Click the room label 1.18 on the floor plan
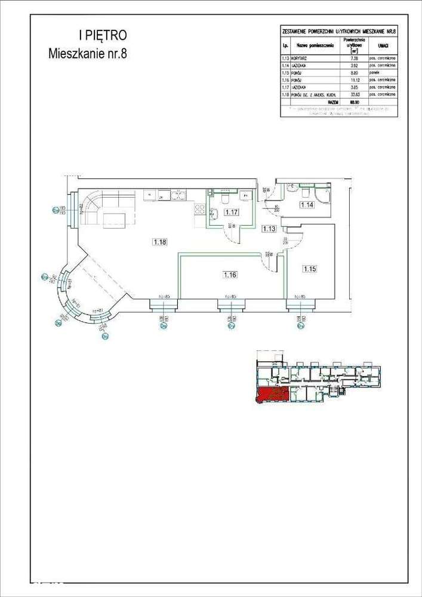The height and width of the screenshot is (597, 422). click(159, 242)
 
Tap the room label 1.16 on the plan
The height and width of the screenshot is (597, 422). click(230, 275)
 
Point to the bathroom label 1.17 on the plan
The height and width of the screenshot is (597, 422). click(230, 211)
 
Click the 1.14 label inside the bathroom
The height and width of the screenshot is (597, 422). click(307, 205)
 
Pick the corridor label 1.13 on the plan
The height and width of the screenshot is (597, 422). click(269, 228)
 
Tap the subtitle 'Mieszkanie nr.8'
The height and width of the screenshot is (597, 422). click(87, 53)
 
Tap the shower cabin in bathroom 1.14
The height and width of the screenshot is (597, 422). click(322, 195)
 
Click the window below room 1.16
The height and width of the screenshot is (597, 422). click(229, 307)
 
